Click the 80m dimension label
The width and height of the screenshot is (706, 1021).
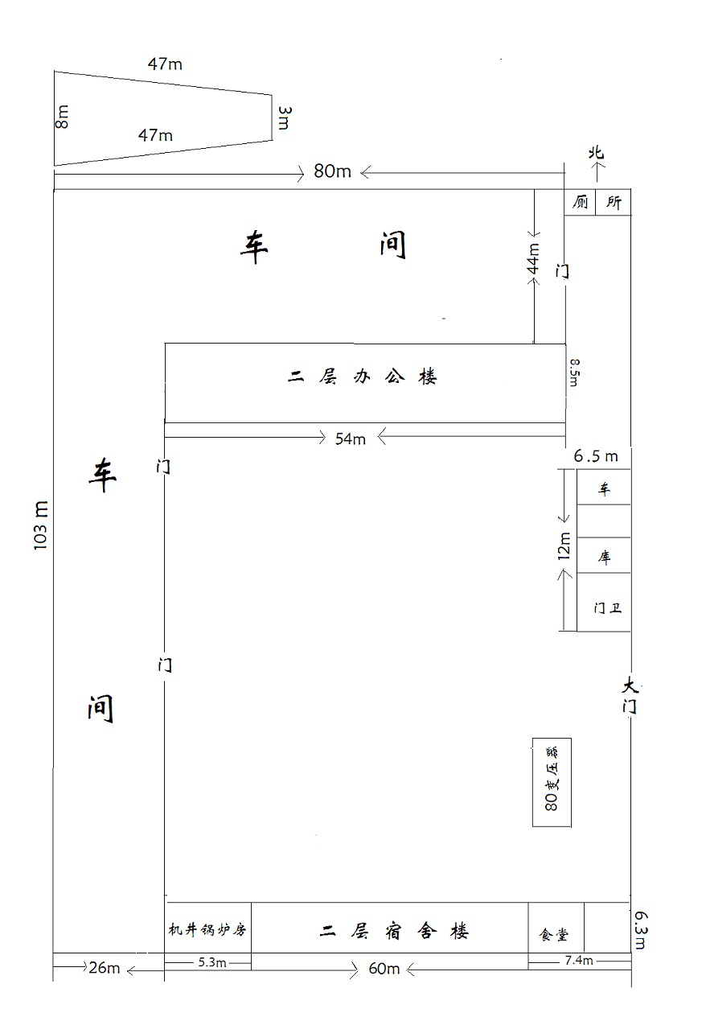tap(332, 171)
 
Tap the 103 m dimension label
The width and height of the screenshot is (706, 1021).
tap(41, 526)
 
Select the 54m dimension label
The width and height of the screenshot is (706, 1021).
tap(351, 438)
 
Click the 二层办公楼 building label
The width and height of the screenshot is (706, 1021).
tap(363, 377)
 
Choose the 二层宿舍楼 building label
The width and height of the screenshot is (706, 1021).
tap(394, 932)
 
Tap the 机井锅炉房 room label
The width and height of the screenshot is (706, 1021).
tap(207, 930)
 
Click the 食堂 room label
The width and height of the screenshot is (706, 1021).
tap(554, 935)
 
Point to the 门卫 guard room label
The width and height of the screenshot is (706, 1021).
tap(607, 608)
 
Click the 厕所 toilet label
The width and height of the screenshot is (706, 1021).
tap(597, 203)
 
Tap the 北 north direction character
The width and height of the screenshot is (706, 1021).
tap(596, 153)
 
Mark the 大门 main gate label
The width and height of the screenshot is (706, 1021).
tap(630, 697)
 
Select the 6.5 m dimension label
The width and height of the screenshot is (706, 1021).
tap(596, 456)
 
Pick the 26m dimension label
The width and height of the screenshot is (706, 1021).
tap(104, 968)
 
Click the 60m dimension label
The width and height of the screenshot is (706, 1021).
tap(384, 969)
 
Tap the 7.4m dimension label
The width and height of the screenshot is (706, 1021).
tap(578, 961)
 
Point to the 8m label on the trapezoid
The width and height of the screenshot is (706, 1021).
tap(63, 117)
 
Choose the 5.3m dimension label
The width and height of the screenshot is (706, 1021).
tap(211, 962)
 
